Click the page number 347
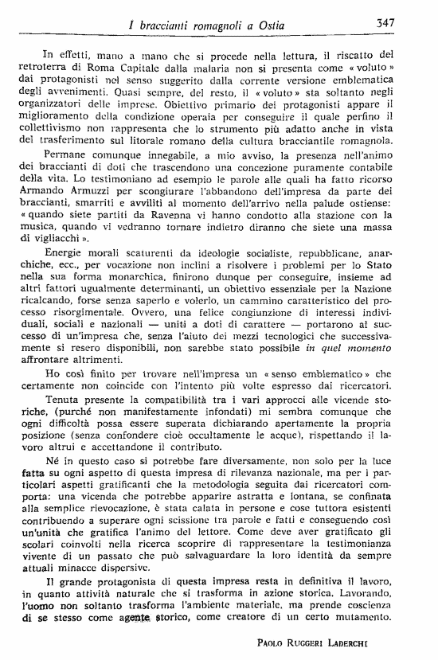[x=386, y=23]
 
